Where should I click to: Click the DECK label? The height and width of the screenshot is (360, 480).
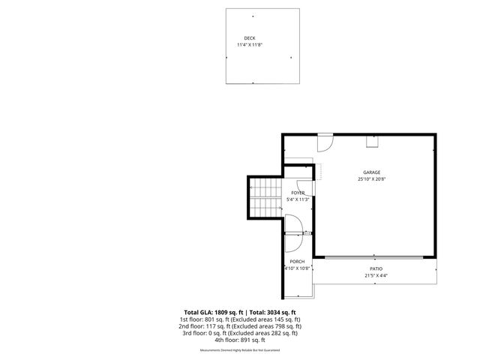click(x=250, y=38)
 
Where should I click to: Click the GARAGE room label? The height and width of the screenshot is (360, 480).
click(x=372, y=172)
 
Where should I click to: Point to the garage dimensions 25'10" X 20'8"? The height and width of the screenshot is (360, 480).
click(x=372, y=179)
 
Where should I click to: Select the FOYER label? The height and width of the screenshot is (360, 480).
click(x=298, y=193)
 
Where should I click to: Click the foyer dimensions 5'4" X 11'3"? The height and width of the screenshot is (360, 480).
click(x=298, y=200)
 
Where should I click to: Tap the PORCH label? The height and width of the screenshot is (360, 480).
click(x=298, y=261)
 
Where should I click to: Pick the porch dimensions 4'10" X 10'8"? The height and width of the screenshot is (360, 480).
click(x=298, y=268)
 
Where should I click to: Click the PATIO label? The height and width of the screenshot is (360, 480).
click(x=376, y=268)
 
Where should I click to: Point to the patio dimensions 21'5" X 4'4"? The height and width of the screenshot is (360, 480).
click(x=376, y=275)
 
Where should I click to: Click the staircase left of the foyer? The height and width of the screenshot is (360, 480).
click(x=264, y=197)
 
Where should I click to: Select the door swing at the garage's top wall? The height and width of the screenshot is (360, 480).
click(x=325, y=141)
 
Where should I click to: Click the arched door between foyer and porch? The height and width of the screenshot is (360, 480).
click(x=295, y=226)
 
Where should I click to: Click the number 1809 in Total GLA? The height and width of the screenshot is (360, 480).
click(x=222, y=312)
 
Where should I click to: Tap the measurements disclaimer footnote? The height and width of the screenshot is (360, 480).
click(x=240, y=350)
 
